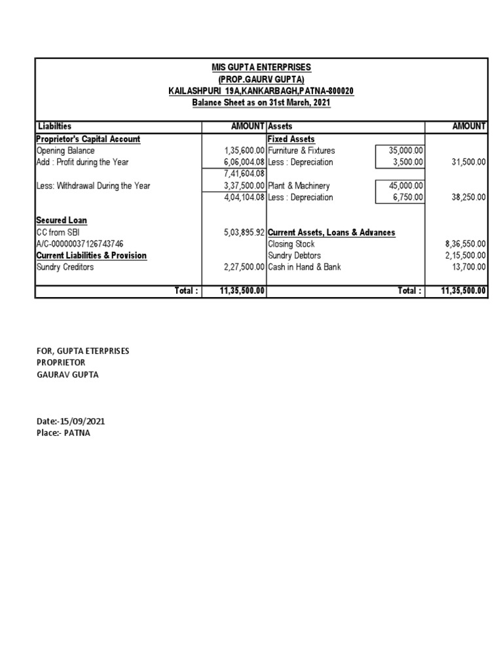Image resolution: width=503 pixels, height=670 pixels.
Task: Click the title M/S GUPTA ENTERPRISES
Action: (x=261, y=67)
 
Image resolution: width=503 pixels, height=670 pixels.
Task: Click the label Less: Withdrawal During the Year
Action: (x=93, y=186)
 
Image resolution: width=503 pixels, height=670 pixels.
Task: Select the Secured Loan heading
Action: (x=62, y=220)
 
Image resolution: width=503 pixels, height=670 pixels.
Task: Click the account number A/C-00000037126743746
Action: (x=79, y=244)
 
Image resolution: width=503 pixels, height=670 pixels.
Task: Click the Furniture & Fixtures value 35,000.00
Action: (x=406, y=150)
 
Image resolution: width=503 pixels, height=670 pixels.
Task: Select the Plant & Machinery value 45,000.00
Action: (x=406, y=186)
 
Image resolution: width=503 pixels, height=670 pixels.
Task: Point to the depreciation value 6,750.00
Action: (x=409, y=198)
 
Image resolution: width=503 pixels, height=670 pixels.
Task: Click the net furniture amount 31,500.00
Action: (x=468, y=162)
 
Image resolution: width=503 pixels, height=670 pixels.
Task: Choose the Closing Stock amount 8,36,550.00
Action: (x=465, y=244)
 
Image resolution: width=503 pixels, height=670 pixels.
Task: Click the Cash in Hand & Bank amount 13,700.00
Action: (x=468, y=267)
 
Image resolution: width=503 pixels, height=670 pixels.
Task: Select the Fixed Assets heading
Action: (x=291, y=139)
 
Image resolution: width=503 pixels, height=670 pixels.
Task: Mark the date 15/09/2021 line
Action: (x=70, y=421)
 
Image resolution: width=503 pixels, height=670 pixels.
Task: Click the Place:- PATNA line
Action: (x=64, y=433)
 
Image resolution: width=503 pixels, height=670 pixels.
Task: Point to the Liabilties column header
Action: (x=55, y=126)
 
